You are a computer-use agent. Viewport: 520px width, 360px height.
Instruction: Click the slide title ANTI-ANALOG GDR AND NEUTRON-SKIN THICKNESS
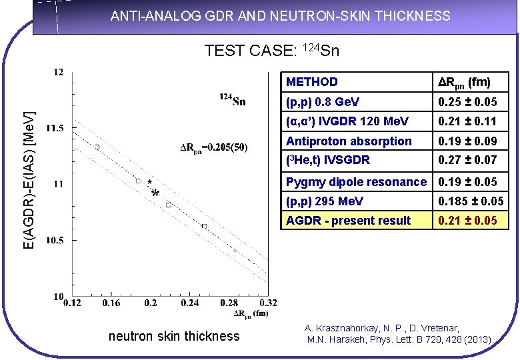pos(280,16)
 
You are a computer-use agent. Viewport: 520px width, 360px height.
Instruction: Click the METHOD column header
pos(311,82)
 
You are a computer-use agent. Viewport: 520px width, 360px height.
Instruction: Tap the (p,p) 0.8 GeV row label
pos(323,102)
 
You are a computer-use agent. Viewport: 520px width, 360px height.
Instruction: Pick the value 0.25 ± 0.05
pos(467,102)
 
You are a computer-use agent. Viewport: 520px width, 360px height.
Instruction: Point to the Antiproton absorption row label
pos(349,141)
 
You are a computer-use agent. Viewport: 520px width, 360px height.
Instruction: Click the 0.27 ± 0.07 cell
pos(467,160)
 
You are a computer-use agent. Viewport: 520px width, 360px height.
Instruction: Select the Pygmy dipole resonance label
pos(356,181)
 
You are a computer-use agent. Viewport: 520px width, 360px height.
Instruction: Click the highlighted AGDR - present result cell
pos(348,220)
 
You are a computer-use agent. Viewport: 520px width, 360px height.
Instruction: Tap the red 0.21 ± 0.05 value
pos(467,220)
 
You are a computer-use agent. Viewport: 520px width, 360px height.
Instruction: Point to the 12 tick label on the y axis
pos(59,72)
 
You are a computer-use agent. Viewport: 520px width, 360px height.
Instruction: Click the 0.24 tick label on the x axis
pos(189,304)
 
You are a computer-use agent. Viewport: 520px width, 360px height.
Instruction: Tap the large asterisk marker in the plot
pos(155,193)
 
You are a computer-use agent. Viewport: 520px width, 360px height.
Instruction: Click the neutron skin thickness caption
pos(173,336)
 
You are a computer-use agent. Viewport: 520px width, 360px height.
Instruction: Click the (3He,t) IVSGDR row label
pos(328,160)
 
